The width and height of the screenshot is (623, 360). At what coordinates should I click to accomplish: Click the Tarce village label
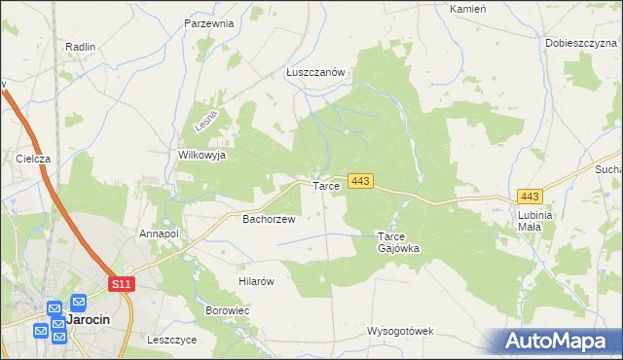[326, 186]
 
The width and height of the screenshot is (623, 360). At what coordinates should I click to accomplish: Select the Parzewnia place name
[209, 22]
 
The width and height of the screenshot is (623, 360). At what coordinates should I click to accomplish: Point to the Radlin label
[80, 46]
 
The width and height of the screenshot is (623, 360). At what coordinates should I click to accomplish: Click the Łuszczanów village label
[316, 72]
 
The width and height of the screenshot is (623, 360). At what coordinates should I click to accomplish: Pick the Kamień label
[467, 8]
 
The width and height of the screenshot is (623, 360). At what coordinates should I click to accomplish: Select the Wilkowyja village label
[202, 155]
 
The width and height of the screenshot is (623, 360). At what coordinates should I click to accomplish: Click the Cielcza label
[33, 158]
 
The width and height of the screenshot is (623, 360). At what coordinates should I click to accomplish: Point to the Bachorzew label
[269, 220]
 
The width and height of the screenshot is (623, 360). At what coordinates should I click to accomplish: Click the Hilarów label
[258, 281]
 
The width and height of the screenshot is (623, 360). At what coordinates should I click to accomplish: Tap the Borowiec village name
[228, 310]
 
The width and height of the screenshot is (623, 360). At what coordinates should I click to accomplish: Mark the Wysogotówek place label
[399, 331]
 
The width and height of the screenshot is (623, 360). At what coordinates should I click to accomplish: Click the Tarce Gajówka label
[398, 242]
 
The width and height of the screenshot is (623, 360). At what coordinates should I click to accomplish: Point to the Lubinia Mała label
[535, 221]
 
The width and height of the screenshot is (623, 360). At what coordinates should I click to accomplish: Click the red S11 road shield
[121, 283]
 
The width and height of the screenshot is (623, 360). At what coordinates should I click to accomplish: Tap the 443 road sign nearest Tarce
[360, 182]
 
